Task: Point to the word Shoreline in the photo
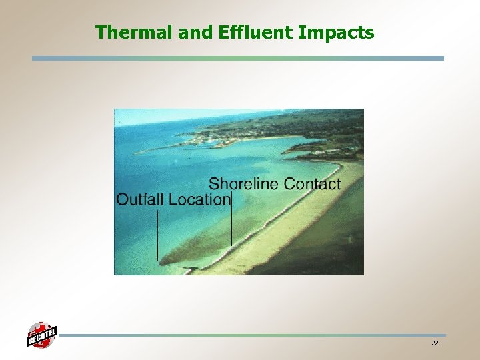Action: (x=244, y=184)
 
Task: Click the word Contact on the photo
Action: (x=312, y=184)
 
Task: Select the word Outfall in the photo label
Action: (x=141, y=199)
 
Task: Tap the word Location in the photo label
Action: (x=199, y=199)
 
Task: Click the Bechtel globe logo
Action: (x=41, y=335)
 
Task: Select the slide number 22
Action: (x=435, y=343)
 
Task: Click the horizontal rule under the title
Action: (x=237, y=59)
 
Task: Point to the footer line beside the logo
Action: (x=253, y=335)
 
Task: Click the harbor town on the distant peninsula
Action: (x=213, y=141)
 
